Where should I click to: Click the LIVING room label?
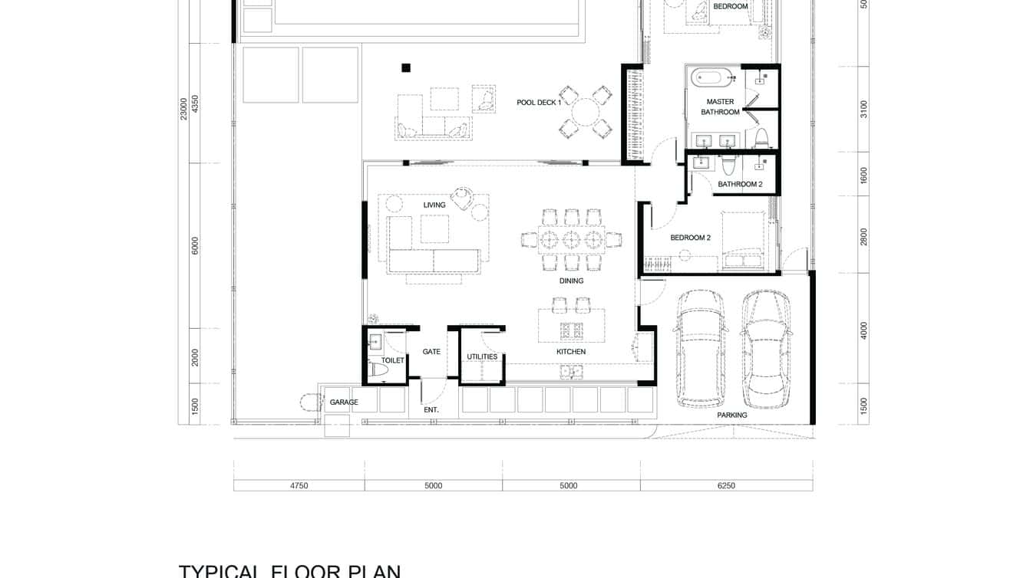[434, 205]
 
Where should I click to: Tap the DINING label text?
[571, 281]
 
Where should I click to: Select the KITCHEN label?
[571, 352]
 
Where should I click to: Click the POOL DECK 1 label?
[539, 102]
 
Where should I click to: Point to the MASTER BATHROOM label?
[720, 107]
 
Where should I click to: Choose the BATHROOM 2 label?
[740, 184]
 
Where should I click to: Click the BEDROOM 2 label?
[690, 238]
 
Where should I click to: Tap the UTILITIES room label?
[482, 356]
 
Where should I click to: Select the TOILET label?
[392, 360]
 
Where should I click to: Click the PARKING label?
[731, 415]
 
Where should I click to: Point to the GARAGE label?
[344, 402]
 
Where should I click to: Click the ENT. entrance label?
[431, 410]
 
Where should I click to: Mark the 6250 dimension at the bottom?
[725, 485]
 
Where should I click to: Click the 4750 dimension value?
[299, 485]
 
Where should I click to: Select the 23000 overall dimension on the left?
[183, 108]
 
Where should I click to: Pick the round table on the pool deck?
[586, 113]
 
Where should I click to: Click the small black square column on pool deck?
[406, 67]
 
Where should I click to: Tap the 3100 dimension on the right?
[863, 109]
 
